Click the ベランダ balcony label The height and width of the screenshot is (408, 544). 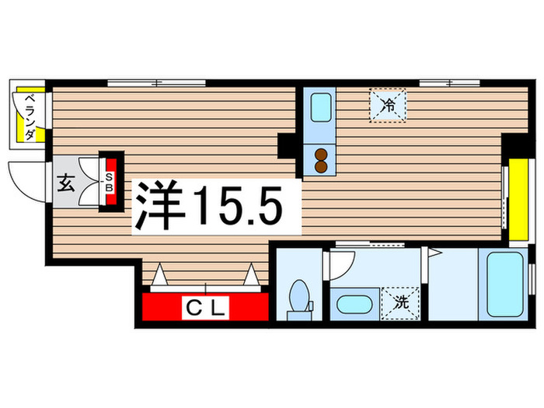coord(29,117)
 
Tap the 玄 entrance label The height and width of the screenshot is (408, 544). coord(66,184)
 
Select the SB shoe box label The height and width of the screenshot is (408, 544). coord(110,182)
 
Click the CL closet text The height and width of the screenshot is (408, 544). coord(205,309)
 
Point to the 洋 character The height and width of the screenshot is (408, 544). coord(161,207)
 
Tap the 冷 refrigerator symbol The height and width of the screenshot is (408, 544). coord(386,106)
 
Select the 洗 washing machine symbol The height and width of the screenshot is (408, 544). coord(401,301)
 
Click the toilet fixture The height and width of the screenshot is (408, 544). coord(298,298)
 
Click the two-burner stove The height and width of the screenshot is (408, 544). coord(319,158)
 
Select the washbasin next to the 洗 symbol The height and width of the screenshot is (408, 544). coord(354,304)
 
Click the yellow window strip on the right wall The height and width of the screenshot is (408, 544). coord(514,200)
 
